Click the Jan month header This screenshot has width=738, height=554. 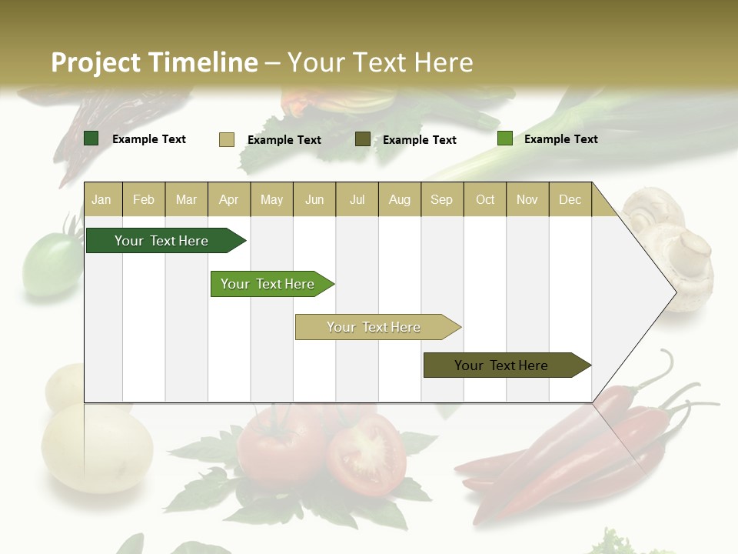click(x=101, y=199)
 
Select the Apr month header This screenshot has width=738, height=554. click(x=228, y=199)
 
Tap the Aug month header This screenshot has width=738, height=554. click(x=399, y=199)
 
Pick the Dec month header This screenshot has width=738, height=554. click(x=570, y=199)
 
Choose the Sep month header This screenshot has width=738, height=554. click(x=441, y=199)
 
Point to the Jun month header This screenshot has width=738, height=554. click(x=314, y=199)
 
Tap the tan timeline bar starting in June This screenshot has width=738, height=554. click(x=374, y=327)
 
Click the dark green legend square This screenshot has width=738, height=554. click(x=91, y=138)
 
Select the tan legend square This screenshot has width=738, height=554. click(x=227, y=139)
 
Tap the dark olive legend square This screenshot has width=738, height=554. click(x=363, y=139)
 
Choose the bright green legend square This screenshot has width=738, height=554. click(x=505, y=138)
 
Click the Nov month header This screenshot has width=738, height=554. click(x=527, y=199)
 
